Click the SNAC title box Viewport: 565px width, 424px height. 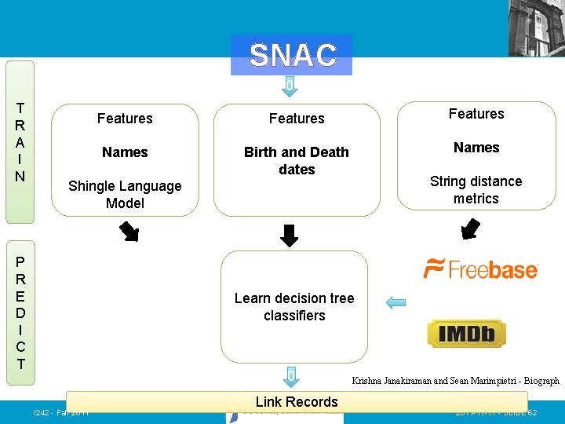pyautogui.click(x=292, y=55)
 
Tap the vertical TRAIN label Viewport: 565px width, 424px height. pyautogui.click(x=20, y=142)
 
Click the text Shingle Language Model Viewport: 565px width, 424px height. pyautogui.click(x=125, y=194)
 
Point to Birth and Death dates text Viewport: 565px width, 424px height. pyautogui.click(x=297, y=160)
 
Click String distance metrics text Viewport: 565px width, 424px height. pyautogui.click(x=476, y=189)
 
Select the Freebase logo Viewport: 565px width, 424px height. pyautogui.click(x=480, y=269)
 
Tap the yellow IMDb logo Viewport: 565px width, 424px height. pyautogui.click(x=466, y=334)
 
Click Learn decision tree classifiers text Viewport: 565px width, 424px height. pyautogui.click(x=294, y=306)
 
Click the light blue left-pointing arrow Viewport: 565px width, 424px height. pyautogui.click(x=395, y=303)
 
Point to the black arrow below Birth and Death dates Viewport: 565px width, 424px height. pyautogui.click(x=290, y=236)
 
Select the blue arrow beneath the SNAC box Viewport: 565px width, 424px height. pyautogui.click(x=290, y=86)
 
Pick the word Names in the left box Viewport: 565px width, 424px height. pyautogui.click(x=125, y=152)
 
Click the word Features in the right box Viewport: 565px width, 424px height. pyautogui.click(x=476, y=114)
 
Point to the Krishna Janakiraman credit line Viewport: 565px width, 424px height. pyautogui.click(x=455, y=381)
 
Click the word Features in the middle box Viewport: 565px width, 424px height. pyautogui.click(x=297, y=119)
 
